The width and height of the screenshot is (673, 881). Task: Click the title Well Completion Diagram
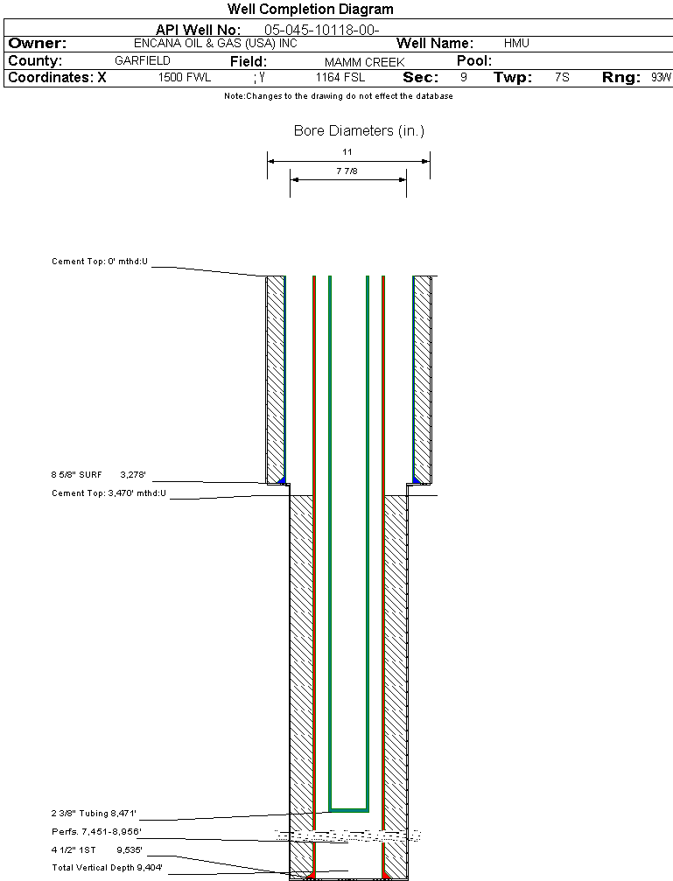click(x=310, y=10)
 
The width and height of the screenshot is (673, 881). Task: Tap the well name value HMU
click(x=516, y=43)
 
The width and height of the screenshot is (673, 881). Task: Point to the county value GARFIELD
click(x=143, y=61)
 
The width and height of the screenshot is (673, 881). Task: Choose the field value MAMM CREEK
click(x=364, y=62)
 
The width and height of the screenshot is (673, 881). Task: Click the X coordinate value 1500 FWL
click(x=185, y=78)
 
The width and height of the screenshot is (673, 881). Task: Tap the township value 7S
click(x=562, y=78)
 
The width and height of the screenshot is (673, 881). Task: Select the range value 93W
click(x=661, y=78)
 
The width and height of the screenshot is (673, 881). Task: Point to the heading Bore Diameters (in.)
click(x=359, y=131)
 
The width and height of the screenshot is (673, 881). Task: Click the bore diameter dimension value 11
click(x=347, y=151)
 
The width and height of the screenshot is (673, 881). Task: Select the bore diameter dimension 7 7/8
click(x=347, y=171)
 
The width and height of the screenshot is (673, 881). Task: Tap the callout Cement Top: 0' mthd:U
click(x=101, y=262)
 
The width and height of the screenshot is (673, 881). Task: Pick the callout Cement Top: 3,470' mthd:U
click(x=109, y=493)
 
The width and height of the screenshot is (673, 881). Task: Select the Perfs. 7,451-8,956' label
click(x=96, y=831)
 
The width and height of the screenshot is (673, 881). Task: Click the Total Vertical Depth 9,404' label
click(x=108, y=867)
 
